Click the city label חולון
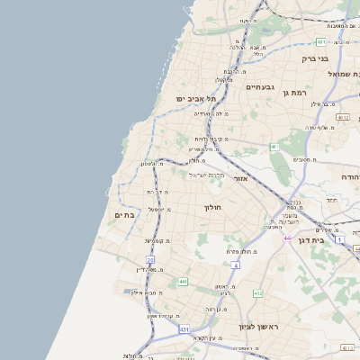pos(213,207)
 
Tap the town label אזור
pos(240,178)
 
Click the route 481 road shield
pos(321,41)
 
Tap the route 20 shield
pos(151,260)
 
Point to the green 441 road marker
pos(183,282)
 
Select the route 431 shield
pos(184,330)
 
